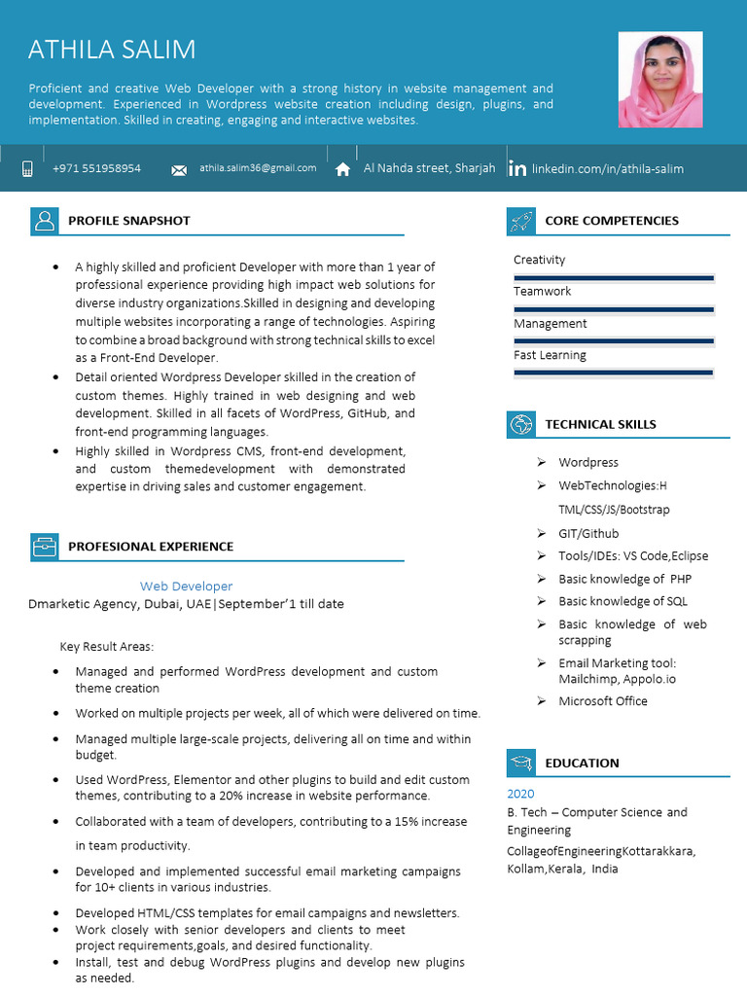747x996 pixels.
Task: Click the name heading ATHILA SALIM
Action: [112, 50]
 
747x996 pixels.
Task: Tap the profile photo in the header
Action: [659, 80]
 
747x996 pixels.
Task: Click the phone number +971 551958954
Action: [96, 168]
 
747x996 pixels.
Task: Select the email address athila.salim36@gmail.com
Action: [258, 168]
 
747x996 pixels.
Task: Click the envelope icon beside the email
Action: [179, 170]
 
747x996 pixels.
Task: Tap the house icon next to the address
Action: [342, 169]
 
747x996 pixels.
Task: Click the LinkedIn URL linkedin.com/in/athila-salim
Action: [607, 169]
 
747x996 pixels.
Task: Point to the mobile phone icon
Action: [27, 169]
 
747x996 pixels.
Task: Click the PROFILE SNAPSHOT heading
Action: [128, 221]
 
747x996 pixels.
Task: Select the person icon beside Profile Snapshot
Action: [44, 221]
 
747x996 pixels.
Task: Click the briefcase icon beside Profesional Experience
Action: [44, 547]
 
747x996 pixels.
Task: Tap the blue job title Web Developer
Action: [186, 587]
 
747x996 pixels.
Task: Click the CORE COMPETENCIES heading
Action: [611, 221]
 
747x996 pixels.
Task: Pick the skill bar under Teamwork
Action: [614, 309]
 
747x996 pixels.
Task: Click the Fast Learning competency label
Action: [550, 355]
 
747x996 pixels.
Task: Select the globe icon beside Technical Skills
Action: [520, 424]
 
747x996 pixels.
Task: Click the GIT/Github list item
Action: [587, 533]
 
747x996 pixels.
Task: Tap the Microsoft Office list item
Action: [602, 700]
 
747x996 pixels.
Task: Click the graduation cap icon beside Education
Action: [520, 763]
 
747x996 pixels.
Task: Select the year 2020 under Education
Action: [520, 794]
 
